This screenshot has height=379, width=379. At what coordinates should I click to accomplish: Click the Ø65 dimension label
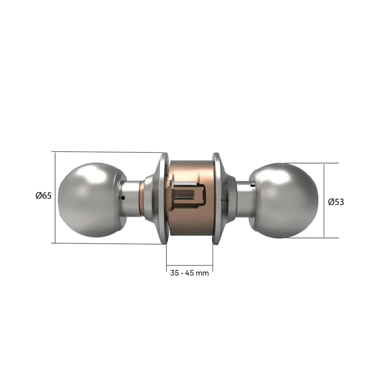coord(43,196)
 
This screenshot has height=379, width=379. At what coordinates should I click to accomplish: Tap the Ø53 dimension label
coord(336,202)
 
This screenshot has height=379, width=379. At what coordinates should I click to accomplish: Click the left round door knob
coord(91,200)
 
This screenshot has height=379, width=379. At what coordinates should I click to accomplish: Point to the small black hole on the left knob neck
coord(122,198)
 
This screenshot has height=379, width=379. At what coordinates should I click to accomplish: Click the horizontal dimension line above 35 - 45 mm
coord(189,267)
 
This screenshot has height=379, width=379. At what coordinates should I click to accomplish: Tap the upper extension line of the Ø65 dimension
coord(106,152)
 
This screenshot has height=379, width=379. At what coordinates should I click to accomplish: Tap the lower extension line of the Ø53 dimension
coord(315,238)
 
